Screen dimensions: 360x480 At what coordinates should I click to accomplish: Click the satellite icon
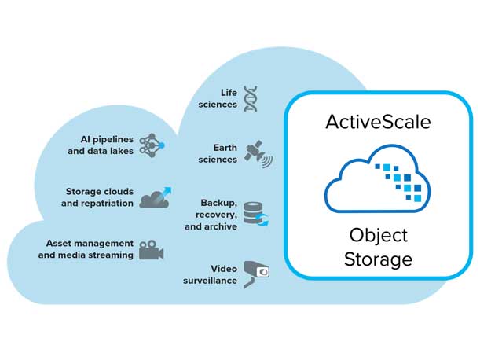pyautogui.click(x=257, y=153)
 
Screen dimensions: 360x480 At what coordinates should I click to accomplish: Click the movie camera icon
pyautogui.click(x=152, y=249)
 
